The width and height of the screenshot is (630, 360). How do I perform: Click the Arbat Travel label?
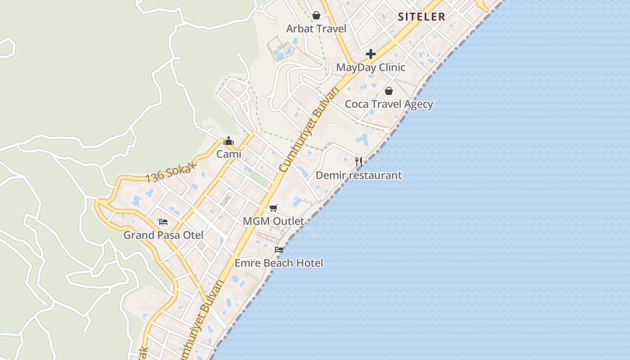pos(316,29)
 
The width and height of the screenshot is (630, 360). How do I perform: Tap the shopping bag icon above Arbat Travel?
pos(316,16)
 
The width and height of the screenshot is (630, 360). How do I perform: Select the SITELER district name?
pos(422,17)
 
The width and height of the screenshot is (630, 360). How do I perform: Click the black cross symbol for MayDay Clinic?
pos(371,54)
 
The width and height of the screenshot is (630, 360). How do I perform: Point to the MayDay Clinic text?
pos(371,67)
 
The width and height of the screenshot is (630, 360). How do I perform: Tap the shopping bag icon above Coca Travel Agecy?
pos(389,91)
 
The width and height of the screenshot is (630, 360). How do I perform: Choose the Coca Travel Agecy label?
pos(389,104)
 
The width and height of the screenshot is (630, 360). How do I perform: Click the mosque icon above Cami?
pos(229,141)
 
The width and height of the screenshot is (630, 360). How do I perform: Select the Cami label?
pos(229,154)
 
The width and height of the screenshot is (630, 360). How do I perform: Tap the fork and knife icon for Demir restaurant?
pos(359,162)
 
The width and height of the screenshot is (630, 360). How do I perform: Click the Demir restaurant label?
pos(359,175)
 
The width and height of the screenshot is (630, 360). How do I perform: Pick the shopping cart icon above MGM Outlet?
pos(273,208)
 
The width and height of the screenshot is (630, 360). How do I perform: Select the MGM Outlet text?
pos(273,221)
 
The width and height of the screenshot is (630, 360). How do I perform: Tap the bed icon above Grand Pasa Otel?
pos(163,222)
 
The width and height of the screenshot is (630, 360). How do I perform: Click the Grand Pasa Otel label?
pos(163,235)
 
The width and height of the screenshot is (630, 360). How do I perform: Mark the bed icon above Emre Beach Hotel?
pos(279,250)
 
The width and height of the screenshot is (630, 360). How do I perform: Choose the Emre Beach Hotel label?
pos(279,263)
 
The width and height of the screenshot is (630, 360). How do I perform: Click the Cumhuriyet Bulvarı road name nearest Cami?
pos(309,130)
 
